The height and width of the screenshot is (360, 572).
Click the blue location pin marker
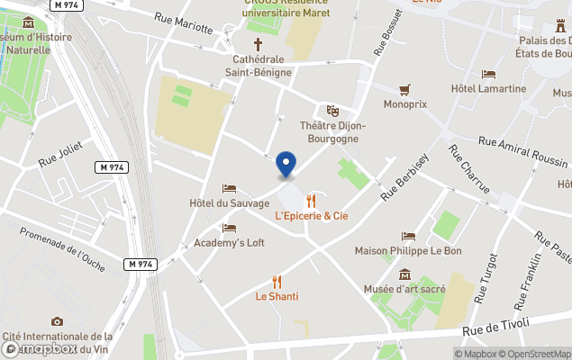286,165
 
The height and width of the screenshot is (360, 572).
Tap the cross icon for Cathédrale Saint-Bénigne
258,43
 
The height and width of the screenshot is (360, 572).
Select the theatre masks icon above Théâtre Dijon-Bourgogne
332,111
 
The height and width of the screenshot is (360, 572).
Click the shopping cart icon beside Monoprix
404,89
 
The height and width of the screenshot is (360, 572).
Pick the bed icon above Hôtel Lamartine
488,74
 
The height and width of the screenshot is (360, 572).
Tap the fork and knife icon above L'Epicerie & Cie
312,201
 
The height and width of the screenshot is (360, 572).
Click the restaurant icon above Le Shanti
277,281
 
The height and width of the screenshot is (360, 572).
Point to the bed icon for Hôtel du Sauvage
229,189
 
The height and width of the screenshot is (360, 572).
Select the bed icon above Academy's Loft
229,228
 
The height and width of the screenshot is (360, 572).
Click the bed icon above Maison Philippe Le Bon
408,236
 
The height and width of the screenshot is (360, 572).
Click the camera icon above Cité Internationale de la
58,321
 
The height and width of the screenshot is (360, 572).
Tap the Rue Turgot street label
491,293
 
